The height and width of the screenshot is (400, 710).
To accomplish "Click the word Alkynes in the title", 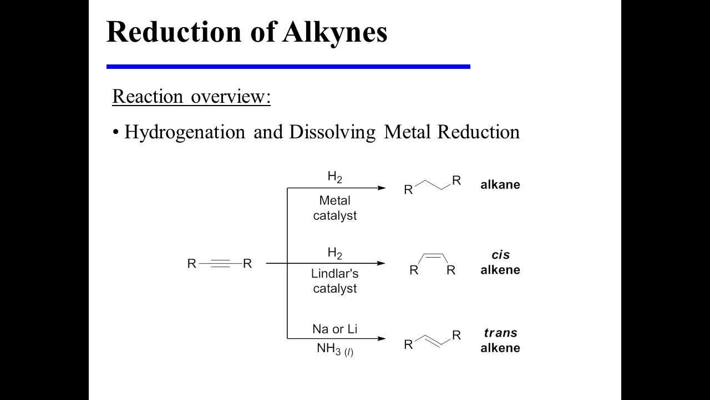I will [x=334, y=32].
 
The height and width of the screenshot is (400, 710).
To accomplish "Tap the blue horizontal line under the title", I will [x=288, y=67].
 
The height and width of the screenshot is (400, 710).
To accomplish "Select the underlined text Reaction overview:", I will [x=191, y=96].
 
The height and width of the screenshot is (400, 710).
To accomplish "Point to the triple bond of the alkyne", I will [x=220, y=263].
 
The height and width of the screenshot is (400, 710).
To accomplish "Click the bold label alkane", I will [x=500, y=185].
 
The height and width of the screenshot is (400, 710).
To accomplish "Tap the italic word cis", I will [x=500, y=255].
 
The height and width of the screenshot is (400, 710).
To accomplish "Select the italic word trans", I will [x=500, y=333].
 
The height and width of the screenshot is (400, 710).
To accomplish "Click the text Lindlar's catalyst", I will [x=334, y=281].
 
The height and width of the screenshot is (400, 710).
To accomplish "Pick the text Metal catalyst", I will [x=334, y=208].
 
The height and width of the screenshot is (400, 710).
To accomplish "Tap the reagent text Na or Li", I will [x=334, y=329].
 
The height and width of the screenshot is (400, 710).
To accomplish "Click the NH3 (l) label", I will [x=334, y=349].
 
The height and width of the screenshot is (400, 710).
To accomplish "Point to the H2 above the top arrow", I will [x=334, y=177].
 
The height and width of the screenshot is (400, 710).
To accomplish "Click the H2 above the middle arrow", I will [x=334, y=253].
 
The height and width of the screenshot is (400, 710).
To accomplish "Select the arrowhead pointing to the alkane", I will [x=382, y=188].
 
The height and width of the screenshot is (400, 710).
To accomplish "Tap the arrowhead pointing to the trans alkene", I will [x=382, y=338].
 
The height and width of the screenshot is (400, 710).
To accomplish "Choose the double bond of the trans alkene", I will [x=433, y=340].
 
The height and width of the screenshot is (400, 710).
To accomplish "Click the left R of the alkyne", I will [x=192, y=263].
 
